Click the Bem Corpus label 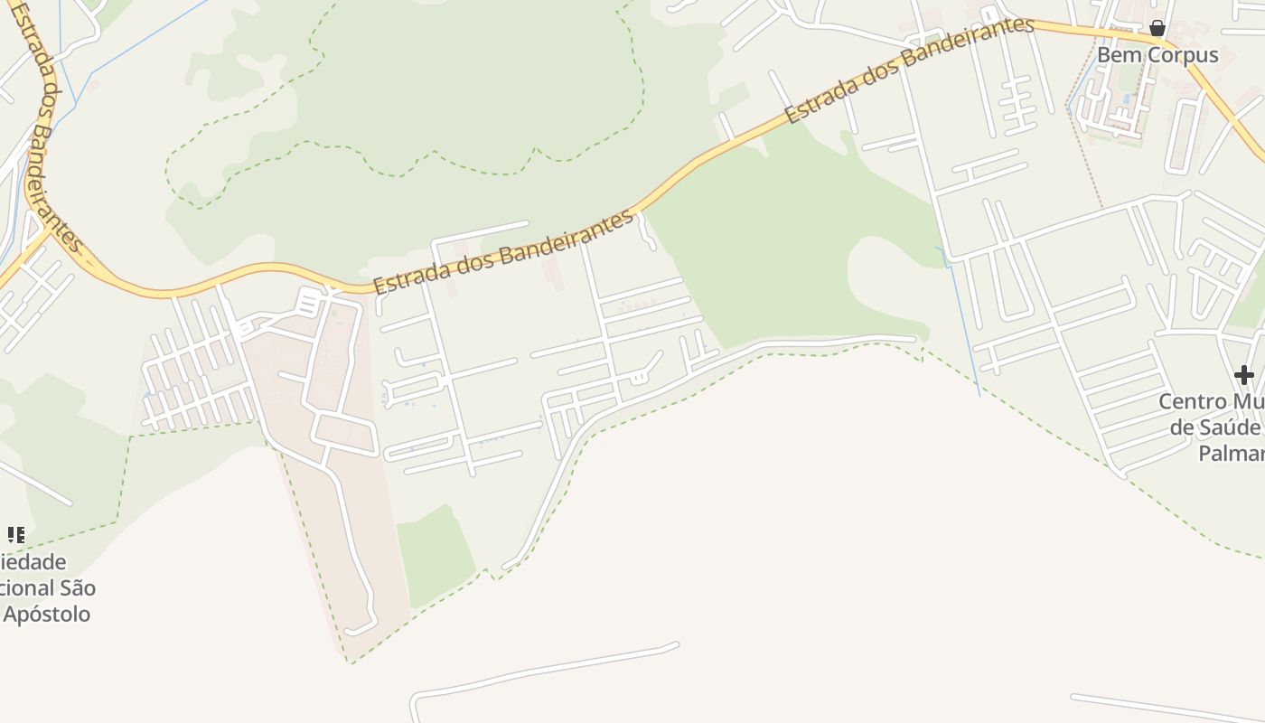(1157, 55)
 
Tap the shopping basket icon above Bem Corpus (1157, 29)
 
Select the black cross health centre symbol (1244, 374)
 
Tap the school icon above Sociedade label (16, 535)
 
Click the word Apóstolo (47, 615)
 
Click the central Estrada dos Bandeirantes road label (504, 252)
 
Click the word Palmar (1231, 453)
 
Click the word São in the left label (77, 588)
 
